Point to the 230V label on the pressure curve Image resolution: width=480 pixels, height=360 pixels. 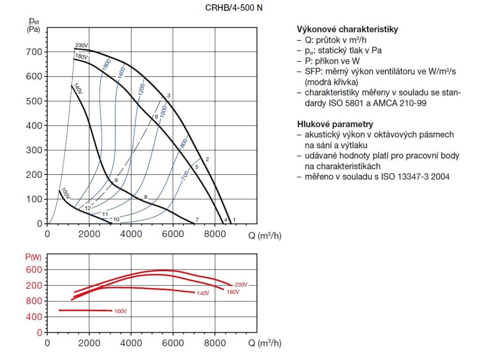(82, 45)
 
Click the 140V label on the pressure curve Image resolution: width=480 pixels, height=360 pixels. (78, 89)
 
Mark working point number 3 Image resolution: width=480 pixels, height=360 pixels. (168, 96)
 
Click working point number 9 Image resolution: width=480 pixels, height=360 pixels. (116, 180)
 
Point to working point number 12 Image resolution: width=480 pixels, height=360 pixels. (88, 208)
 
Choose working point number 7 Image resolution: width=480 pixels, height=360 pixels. (197, 220)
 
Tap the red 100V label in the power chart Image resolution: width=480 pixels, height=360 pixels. (120, 311)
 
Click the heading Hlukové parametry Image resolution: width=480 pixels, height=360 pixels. (335, 124)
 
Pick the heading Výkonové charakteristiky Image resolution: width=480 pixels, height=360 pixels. (347, 29)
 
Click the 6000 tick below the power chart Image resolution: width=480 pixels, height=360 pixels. (173, 343)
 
